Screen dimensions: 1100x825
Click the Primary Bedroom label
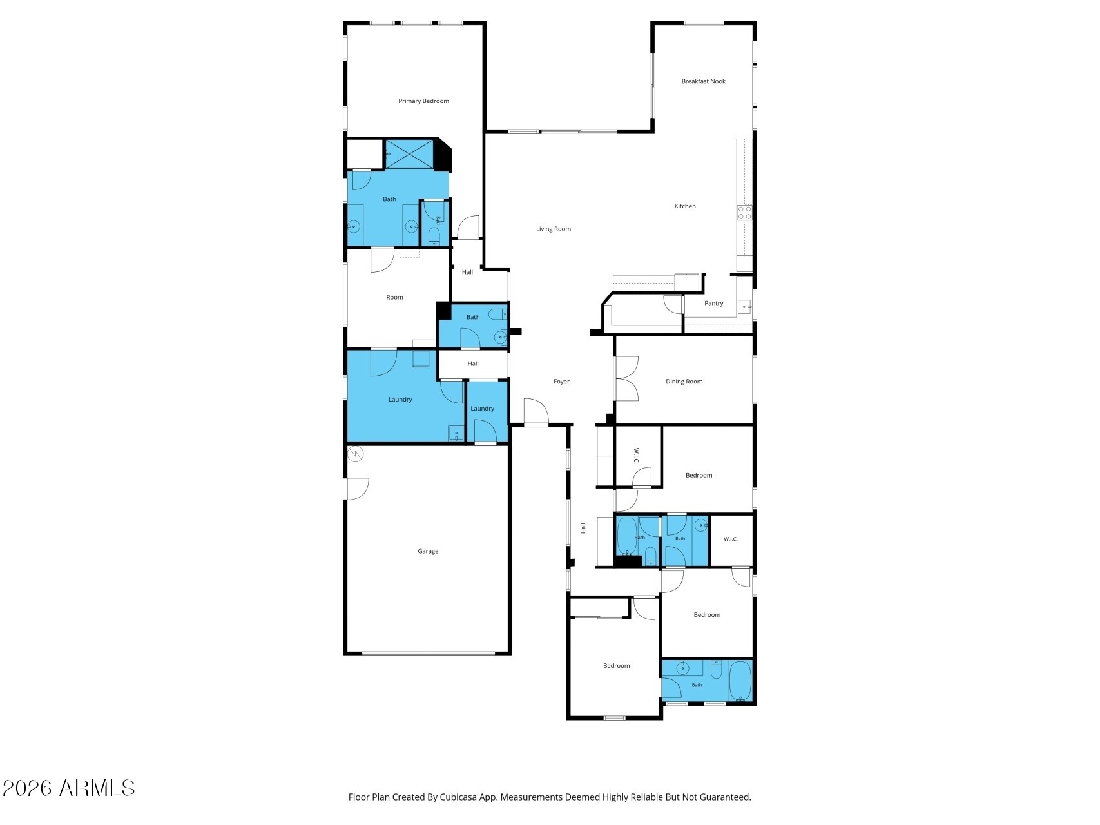click(x=423, y=101)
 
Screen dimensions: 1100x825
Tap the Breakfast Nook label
click(x=704, y=81)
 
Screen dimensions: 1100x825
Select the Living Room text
click(x=554, y=229)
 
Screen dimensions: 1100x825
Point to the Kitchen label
click(x=685, y=206)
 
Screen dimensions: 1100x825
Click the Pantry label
click(x=714, y=303)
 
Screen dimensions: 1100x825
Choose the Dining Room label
click(x=684, y=382)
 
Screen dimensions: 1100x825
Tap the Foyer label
click(x=561, y=382)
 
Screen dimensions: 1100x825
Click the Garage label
click(x=428, y=551)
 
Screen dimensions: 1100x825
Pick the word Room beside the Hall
click(x=394, y=297)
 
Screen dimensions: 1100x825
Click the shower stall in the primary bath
click(x=409, y=154)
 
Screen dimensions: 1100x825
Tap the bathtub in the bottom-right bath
click(x=740, y=681)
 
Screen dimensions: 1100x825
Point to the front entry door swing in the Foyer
click(x=536, y=412)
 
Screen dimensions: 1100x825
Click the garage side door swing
click(x=356, y=488)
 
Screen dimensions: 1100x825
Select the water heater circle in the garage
click(x=355, y=454)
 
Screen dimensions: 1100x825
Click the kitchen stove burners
click(x=744, y=213)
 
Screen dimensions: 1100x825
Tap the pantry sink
click(x=745, y=307)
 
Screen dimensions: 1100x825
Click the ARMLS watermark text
click(x=69, y=788)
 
